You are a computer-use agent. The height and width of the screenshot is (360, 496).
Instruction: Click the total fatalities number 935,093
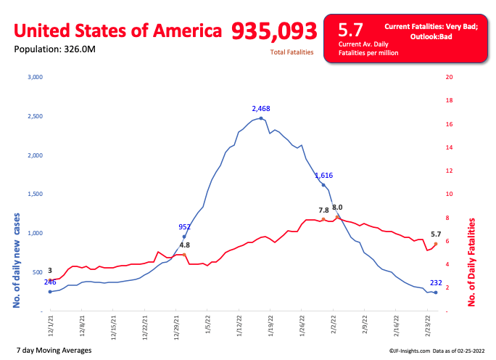(274, 30)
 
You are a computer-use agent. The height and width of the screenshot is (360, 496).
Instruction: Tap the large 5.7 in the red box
(351, 30)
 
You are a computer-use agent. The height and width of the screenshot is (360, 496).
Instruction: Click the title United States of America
(118, 30)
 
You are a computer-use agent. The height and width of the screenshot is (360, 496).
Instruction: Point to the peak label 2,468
(261, 109)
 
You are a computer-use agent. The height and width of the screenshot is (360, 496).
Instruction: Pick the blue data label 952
(185, 226)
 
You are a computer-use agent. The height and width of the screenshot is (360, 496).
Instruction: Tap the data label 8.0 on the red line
(337, 208)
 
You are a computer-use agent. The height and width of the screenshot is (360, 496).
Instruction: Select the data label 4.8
(184, 245)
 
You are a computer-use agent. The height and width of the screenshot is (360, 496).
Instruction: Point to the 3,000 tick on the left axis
(36, 77)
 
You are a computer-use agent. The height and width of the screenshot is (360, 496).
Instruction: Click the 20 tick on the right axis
(450, 77)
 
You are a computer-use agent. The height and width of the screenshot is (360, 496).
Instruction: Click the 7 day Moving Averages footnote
(53, 351)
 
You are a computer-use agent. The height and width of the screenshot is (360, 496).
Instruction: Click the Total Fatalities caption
(292, 53)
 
